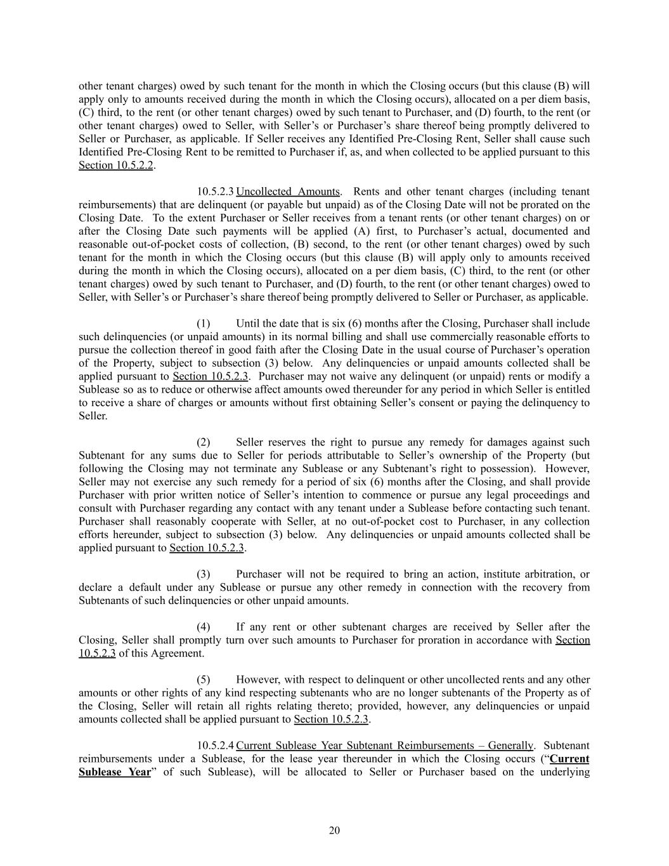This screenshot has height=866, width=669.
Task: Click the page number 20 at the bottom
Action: click(x=334, y=830)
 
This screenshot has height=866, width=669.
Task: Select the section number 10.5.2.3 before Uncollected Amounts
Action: click(x=215, y=192)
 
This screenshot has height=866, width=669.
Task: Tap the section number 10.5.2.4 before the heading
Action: click(x=215, y=745)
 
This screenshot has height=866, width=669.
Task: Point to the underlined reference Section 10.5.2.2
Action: click(x=116, y=165)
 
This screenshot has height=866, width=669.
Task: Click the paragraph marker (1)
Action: click(x=203, y=324)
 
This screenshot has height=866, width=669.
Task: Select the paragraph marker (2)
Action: click(x=203, y=442)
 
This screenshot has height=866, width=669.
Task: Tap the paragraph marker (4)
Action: click(x=203, y=627)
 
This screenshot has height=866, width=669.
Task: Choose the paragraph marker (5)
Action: click(x=203, y=679)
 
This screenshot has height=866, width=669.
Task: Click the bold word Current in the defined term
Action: click(x=569, y=759)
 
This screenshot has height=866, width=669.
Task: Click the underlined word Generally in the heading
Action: click(x=508, y=745)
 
